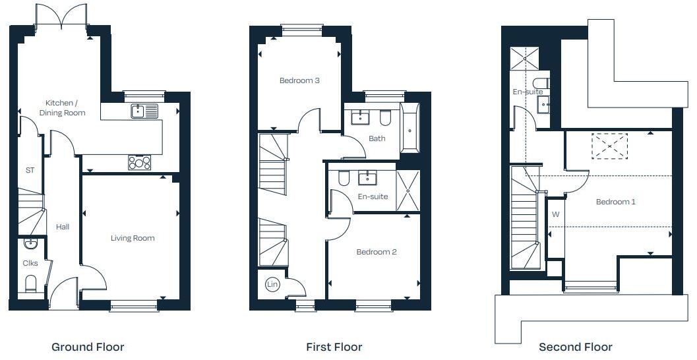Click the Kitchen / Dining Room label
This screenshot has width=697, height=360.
65,107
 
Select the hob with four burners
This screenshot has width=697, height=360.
139,162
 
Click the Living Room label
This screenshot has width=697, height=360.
133,238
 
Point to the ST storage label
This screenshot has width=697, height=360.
30,170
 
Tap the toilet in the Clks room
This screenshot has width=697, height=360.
30,284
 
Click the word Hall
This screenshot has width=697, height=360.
63,227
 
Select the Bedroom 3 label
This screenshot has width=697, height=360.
299,81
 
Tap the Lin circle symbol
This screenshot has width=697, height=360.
272,285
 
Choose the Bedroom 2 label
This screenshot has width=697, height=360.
377,252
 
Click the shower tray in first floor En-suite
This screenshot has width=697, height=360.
408,191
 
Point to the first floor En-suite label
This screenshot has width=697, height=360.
373,196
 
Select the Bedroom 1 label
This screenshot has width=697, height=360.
615,202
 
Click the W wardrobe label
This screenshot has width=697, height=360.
555,215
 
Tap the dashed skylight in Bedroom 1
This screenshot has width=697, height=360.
609,146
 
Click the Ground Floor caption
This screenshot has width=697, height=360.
88,347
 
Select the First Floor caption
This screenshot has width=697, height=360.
334,347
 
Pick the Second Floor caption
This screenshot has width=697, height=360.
575,347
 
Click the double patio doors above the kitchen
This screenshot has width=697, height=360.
61,16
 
